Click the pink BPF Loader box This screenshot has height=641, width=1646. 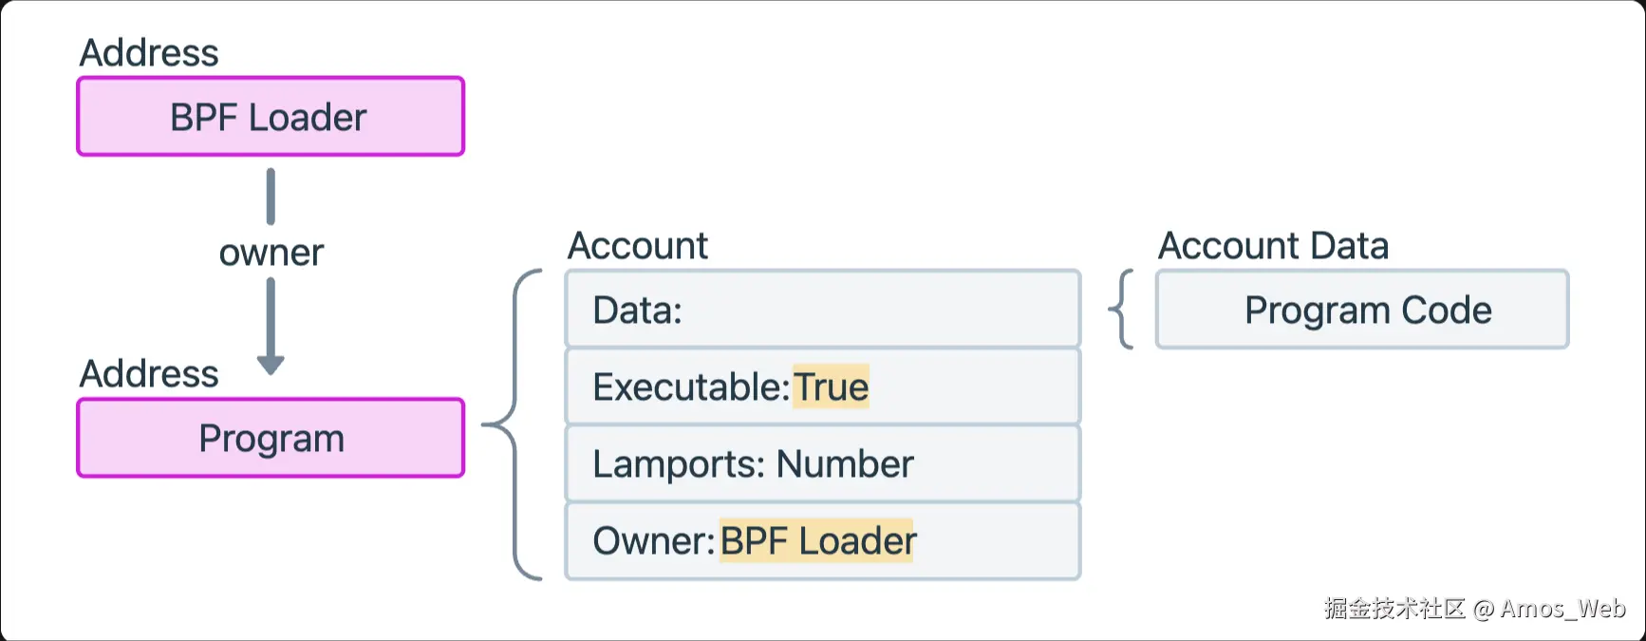coord(271,117)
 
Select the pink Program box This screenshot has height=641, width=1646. coord(271,438)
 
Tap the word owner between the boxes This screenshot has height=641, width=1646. coord(271,253)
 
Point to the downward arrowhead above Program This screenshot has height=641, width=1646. coord(271,365)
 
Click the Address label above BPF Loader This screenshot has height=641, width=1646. coord(149,52)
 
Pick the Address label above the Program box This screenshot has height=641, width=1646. coord(149,373)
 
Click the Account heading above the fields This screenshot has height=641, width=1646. coord(638,246)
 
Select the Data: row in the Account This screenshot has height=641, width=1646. coord(823,310)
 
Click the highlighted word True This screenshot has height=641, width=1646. coord(831,386)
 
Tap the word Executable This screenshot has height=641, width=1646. coord(690,387)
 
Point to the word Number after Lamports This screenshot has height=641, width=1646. coord(845,464)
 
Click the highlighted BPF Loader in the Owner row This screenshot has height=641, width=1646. coord(817,540)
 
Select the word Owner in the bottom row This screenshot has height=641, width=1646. coord(652,541)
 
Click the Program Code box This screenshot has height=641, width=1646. coord(1362,310)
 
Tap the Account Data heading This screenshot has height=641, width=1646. coord(1274,246)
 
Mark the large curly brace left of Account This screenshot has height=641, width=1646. coord(514,424)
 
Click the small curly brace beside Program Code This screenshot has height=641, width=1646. coord(1122,310)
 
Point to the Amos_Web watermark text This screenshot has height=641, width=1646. coord(1562,609)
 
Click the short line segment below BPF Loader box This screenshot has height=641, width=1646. coord(271,197)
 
